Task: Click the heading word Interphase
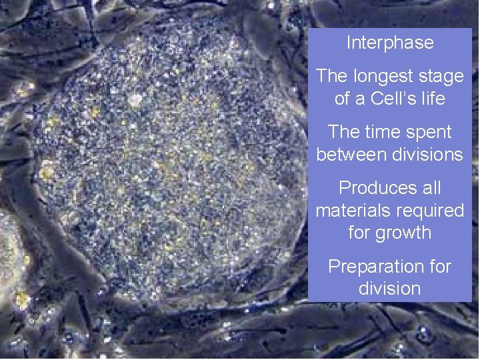coord(390,43)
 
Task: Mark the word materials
coord(352,211)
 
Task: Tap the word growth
coord(403,233)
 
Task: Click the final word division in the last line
coord(389,289)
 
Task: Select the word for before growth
coord(361,233)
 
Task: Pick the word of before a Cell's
coord(342,99)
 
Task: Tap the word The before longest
coord(332,77)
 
